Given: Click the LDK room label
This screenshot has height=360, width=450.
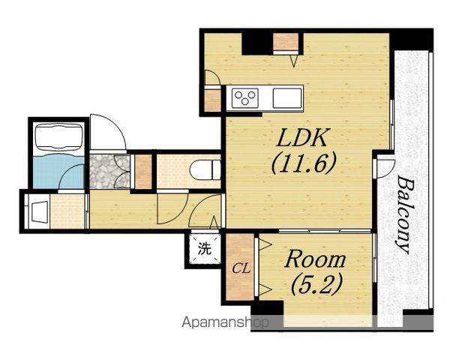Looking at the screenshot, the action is click(x=302, y=137).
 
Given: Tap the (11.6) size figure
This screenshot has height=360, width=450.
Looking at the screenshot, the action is click(x=303, y=163).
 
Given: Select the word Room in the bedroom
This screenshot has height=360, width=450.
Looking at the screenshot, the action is click(x=315, y=259).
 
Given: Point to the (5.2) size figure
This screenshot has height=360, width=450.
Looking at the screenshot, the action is click(x=316, y=285).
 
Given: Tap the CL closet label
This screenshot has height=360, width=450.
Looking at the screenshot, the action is click(x=241, y=269).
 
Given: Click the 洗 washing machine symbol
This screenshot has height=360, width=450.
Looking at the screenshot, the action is click(x=205, y=249).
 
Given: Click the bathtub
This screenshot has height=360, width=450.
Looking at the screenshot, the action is click(x=58, y=137).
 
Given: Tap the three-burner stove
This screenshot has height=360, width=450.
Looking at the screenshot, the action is click(x=244, y=98).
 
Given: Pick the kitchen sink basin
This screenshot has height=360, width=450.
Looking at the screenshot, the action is click(x=287, y=98).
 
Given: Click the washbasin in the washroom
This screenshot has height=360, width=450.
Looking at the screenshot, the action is click(x=38, y=211).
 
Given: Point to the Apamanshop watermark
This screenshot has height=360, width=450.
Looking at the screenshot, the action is click(x=226, y=322).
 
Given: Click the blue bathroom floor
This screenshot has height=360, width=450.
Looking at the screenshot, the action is click(x=58, y=172).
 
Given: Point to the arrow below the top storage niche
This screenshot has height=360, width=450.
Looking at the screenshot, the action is click(x=294, y=61).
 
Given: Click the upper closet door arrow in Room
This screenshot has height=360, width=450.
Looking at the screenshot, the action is click(x=265, y=245).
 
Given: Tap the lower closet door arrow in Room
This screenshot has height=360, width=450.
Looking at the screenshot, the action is click(x=265, y=289).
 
